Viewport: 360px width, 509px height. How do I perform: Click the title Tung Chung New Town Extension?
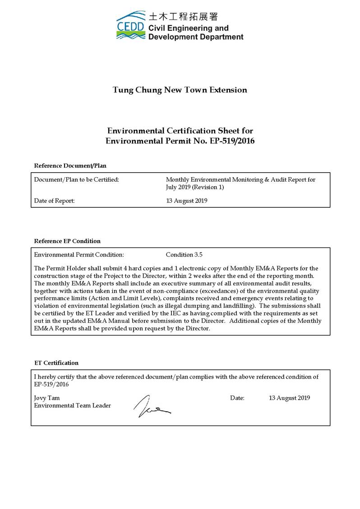[180, 90]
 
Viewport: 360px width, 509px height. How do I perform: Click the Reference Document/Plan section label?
[70, 166]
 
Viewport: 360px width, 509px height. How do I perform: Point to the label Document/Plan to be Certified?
[77, 179]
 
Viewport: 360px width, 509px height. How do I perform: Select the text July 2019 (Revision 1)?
[195, 187]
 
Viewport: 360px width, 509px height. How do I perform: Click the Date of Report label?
[55, 201]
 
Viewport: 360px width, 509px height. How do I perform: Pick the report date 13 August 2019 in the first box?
[187, 201]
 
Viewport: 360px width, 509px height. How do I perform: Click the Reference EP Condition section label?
[67, 241]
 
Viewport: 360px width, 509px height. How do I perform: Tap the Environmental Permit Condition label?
[79, 254]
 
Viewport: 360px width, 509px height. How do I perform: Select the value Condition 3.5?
[184, 254]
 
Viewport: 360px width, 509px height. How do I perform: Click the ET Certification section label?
[56, 362]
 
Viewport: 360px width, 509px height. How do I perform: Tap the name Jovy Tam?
[47, 398]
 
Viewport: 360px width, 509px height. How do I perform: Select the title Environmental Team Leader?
[73, 405]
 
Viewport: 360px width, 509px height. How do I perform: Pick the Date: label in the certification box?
[237, 398]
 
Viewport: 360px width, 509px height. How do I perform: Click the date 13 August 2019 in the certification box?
[289, 398]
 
